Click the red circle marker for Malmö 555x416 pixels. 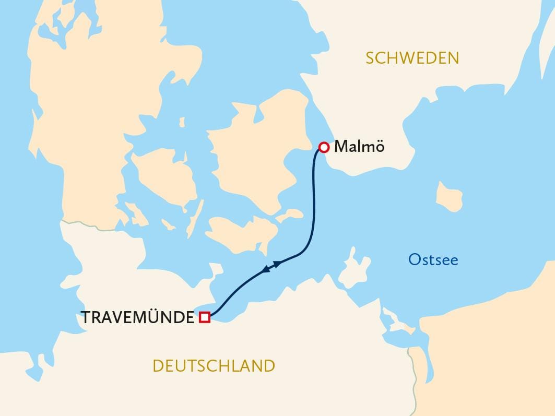(x=324, y=148)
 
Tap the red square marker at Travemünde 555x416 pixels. (x=205, y=317)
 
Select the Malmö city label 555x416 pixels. (x=359, y=147)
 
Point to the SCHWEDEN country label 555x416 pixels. (x=412, y=58)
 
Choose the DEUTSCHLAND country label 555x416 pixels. (x=214, y=366)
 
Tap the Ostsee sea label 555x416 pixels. (x=433, y=259)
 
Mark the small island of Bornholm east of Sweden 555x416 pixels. (x=449, y=197)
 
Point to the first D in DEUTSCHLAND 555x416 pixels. (x=158, y=366)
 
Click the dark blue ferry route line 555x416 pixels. (x=314, y=198)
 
